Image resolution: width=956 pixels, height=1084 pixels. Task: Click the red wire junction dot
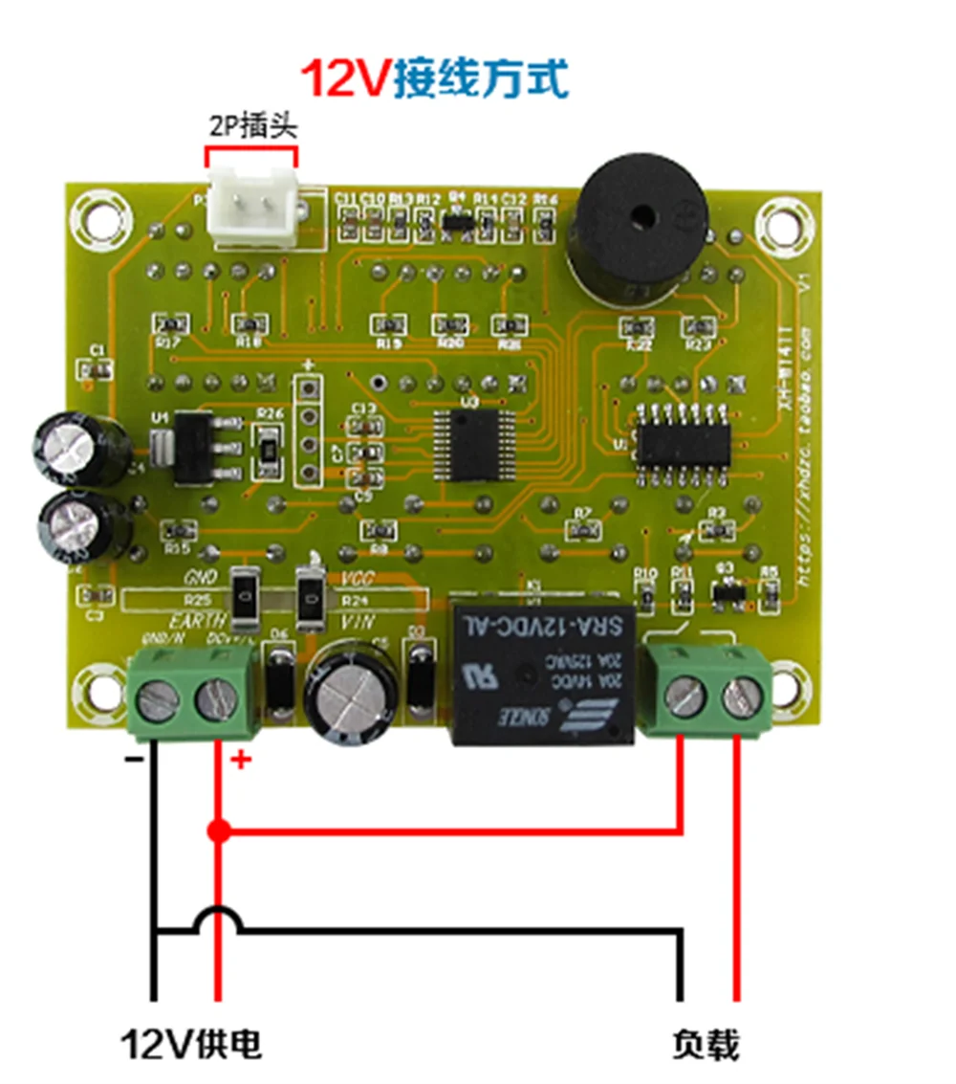point(219,830)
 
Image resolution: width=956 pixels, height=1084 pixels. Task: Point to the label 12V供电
point(190,1044)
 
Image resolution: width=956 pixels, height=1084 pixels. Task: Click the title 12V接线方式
point(435,79)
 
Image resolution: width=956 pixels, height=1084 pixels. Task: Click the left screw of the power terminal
point(157,701)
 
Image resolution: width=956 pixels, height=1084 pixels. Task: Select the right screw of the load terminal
point(742,697)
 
